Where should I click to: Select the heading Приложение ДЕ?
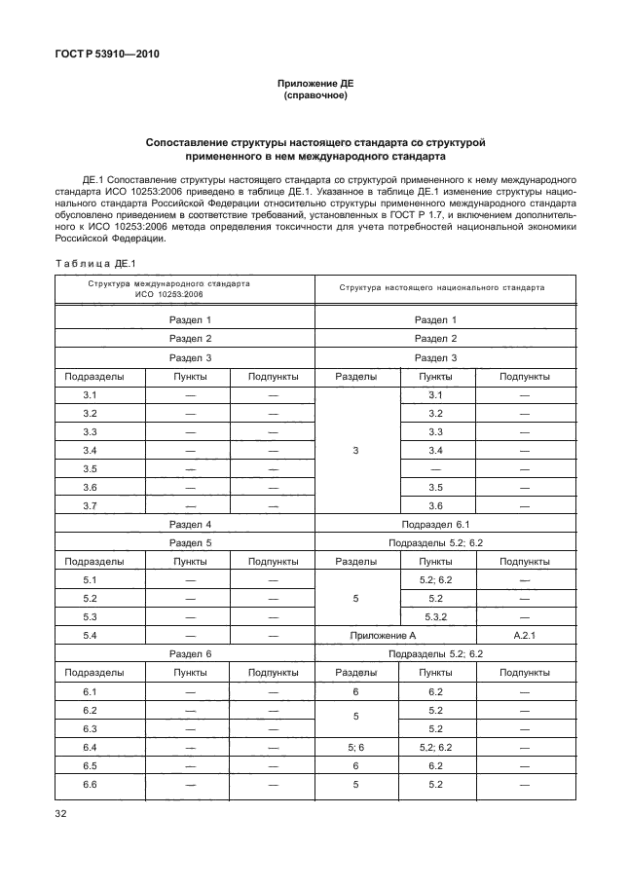[x=314, y=85]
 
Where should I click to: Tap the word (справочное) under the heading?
[x=314, y=96]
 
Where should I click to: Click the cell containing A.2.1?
[x=524, y=635]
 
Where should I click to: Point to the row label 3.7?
[x=90, y=505]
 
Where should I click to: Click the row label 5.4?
[x=90, y=635]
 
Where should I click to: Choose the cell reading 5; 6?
[x=355, y=747]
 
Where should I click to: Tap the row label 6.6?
[x=90, y=784]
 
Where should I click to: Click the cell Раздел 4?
[x=190, y=524]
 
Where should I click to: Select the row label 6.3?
[x=90, y=728]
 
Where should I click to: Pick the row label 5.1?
[x=90, y=579]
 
